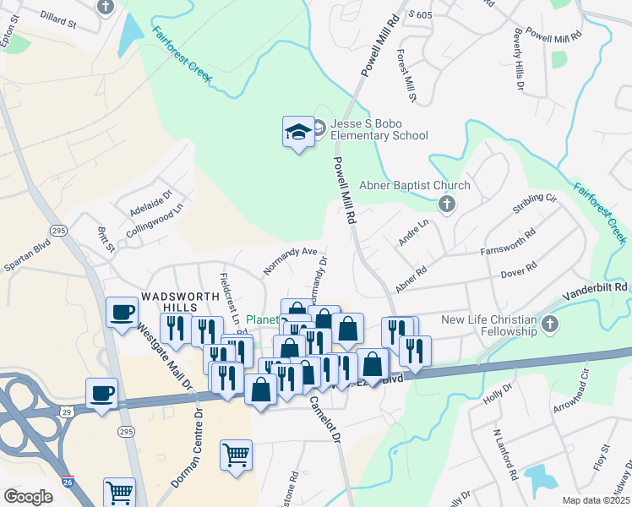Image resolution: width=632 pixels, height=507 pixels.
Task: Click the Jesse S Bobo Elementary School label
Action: [379, 129]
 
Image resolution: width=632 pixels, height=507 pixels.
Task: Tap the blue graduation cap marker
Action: [297, 133]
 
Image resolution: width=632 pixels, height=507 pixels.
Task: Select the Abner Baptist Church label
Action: [414, 186]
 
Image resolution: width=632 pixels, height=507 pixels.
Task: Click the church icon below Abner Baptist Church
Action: [446, 204]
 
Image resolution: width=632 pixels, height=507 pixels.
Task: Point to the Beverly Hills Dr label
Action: [517, 63]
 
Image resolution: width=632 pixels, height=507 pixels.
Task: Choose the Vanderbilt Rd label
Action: [597, 287]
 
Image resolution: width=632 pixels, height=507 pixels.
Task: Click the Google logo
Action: [29, 497]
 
